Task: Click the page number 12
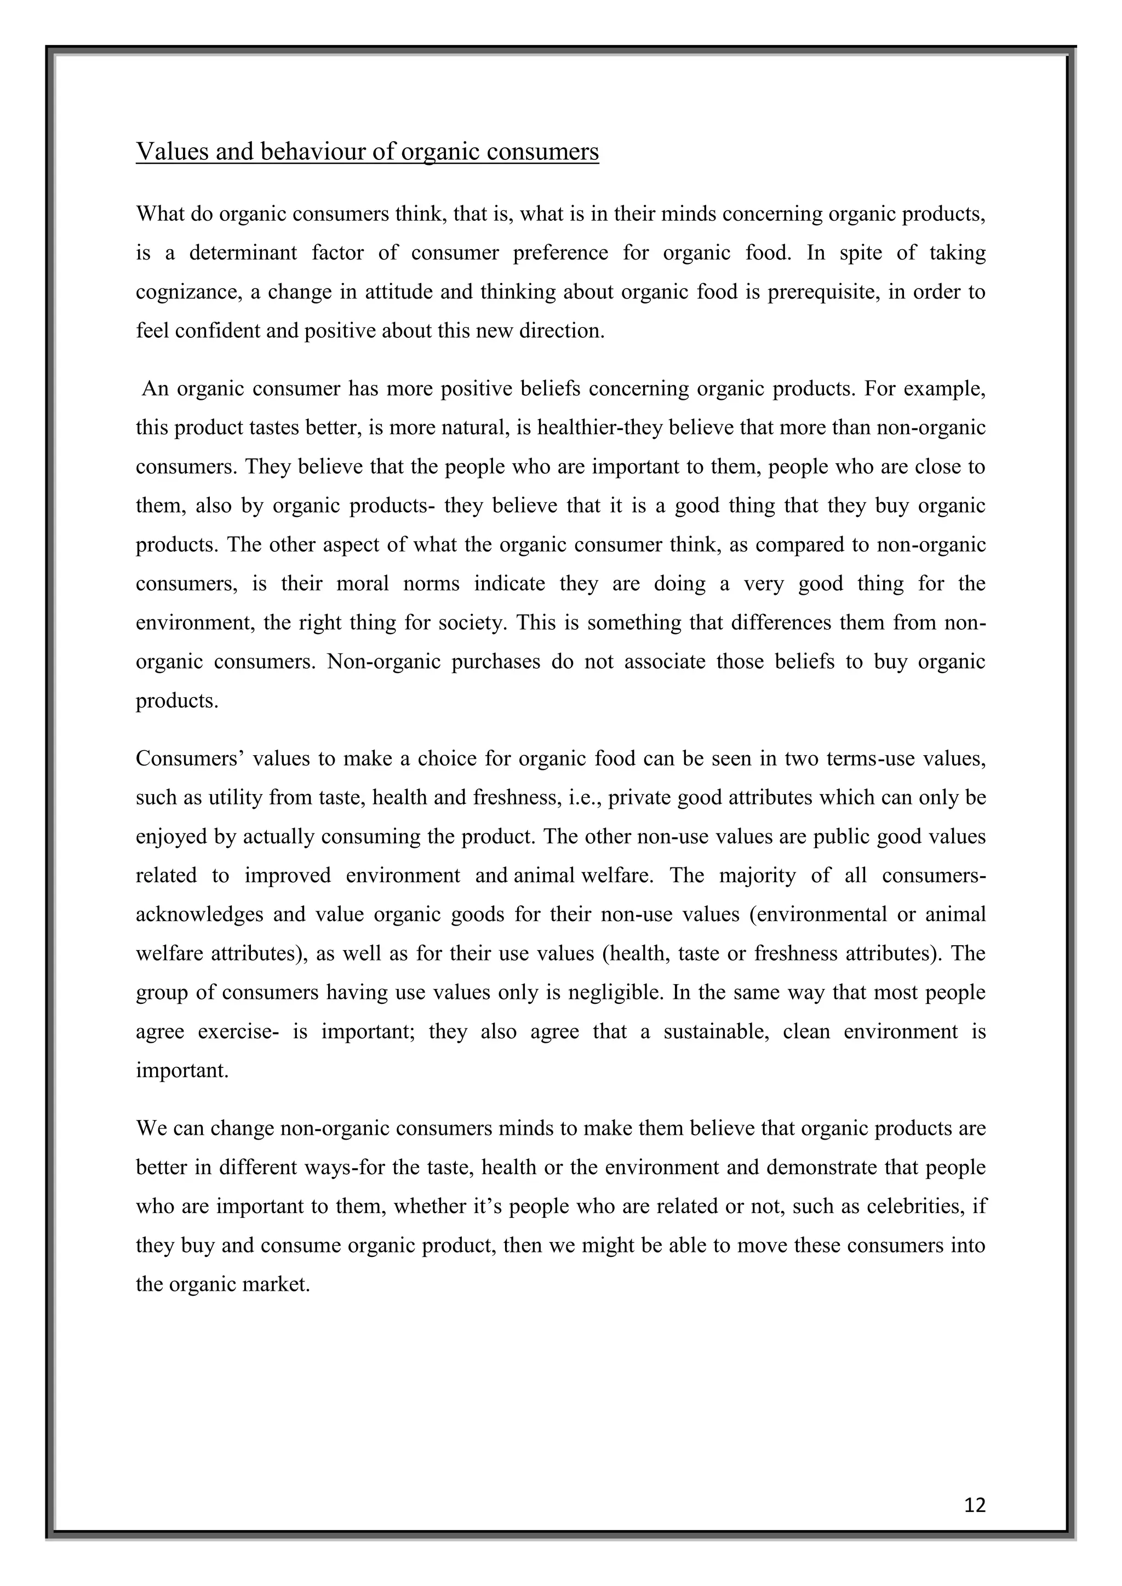point(975,1504)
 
